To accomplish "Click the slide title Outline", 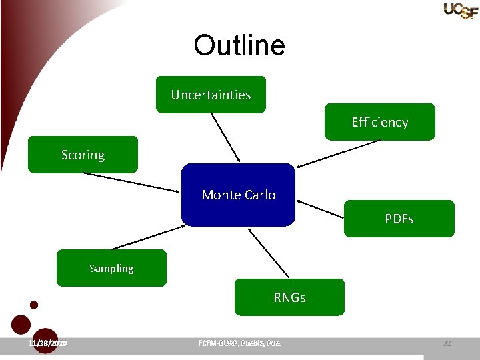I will (239, 46).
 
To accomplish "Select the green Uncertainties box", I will (211, 95).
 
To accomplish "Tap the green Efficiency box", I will (379, 122).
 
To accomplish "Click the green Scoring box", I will (83, 155).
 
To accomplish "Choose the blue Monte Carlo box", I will (238, 195).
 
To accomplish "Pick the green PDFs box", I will (399, 219).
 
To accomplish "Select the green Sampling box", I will (111, 268).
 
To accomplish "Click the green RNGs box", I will (289, 297).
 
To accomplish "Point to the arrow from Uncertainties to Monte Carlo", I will (225, 137).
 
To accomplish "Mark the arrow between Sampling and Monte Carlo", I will (143, 237).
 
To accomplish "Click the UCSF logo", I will (461, 10).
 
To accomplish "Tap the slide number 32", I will (447, 343).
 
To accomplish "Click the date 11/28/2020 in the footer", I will (47, 343).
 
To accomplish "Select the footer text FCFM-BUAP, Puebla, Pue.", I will (239, 343).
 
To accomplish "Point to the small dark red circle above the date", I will (34, 305).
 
